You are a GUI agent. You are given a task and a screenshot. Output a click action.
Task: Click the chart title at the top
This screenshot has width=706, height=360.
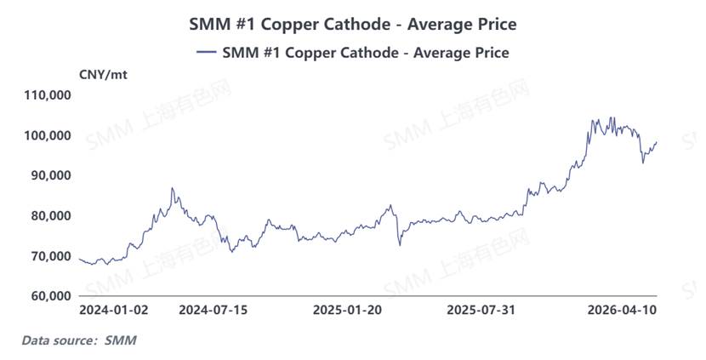[352, 24]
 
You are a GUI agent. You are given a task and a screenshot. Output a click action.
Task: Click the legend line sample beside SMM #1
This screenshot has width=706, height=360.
[207, 53]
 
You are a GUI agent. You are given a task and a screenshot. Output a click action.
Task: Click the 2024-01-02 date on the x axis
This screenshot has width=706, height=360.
[113, 311]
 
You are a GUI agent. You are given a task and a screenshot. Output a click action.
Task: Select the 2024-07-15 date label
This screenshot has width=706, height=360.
[213, 311]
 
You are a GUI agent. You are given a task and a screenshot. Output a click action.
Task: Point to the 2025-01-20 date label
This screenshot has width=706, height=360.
[348, 311]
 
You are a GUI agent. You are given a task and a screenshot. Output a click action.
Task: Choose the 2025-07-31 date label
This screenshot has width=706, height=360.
[481, 311]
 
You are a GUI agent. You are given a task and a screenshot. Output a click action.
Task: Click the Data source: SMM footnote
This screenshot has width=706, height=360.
[78, 340]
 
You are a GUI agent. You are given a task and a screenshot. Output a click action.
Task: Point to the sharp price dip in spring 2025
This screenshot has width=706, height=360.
[400, 246]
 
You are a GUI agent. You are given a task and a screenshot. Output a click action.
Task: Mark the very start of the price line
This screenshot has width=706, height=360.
[79, 259]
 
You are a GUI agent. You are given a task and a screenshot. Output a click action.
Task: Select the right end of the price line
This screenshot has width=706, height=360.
[657, 142]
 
